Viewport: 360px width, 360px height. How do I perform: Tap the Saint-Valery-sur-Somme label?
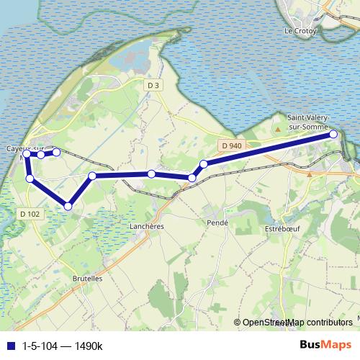coord(307,122)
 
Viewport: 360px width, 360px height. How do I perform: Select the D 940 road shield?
coord(232,146)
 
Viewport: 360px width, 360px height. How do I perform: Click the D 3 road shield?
coord(152,86)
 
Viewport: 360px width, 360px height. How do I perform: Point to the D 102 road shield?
coord(30,213)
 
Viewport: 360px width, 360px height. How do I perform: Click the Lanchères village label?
coord(149,225)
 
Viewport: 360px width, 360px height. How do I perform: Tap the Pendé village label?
coord(217,223)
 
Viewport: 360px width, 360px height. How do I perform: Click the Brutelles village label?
coord(88,278)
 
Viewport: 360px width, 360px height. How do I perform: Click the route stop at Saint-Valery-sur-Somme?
coord(333,134)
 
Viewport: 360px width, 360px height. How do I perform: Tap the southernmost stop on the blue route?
coord(68,206)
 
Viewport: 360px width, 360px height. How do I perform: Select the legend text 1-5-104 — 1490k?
coord(63,346)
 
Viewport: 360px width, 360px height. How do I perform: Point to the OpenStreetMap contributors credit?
coord(297,323)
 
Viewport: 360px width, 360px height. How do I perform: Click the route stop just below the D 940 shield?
coord(204,164)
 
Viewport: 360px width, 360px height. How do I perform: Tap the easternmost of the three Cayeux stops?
coord(56,152)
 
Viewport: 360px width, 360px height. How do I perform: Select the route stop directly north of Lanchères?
coord(151,174)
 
